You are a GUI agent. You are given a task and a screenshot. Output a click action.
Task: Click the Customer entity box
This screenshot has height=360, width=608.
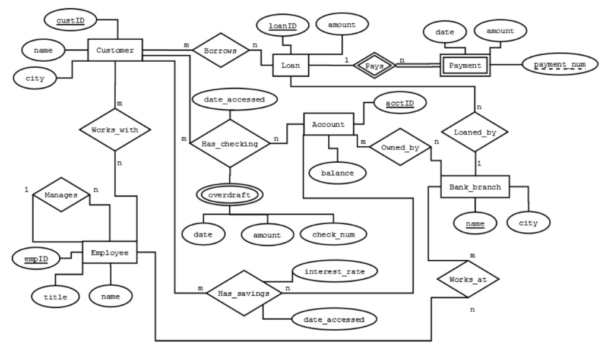click(115, 50)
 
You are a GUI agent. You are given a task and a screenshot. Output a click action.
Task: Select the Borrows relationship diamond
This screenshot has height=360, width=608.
click(221, 50)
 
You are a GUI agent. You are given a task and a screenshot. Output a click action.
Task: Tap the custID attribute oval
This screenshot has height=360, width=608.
click(70, 20)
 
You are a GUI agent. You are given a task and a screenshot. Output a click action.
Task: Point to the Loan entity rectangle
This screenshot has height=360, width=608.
click(291, 65)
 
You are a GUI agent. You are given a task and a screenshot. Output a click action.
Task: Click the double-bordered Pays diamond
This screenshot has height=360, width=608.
click(374, 65)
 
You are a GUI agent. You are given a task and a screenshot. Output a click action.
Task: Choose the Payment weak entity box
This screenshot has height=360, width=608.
click(465, 65)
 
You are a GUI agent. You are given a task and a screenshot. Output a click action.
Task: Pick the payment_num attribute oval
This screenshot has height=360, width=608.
click(559, 64)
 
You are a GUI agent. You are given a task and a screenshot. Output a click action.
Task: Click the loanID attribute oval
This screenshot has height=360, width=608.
click(283, 26)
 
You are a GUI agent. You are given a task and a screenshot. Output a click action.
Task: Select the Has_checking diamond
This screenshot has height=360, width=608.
click(230, 144)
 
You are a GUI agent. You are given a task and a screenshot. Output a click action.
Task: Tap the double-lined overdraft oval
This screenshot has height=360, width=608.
click(230, 195)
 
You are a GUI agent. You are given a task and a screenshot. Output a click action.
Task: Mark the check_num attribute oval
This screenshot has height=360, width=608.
click(334, 234)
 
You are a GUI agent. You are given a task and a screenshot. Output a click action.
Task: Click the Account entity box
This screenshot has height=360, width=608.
click(328, 124)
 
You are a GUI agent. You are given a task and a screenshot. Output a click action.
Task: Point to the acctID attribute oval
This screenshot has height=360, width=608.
click(400, 103)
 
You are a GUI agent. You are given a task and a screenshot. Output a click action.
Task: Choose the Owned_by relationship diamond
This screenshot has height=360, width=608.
click(400, 147)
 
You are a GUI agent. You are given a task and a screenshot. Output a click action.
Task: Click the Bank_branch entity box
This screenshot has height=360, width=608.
click(475, 187)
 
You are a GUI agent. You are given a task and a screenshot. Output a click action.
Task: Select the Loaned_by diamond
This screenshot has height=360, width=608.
click(475, 132)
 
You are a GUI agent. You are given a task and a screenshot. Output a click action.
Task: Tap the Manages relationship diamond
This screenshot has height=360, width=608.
click(61, 195)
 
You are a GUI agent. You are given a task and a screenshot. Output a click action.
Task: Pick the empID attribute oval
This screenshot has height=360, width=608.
click(36, 259)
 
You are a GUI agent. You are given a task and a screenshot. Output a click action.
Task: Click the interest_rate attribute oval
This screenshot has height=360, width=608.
click(334, 271)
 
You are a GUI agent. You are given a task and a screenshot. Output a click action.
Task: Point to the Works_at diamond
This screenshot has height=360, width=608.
click(468, 279)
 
